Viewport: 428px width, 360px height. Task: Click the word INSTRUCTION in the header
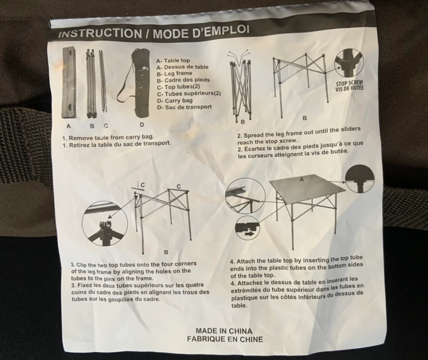coord(100,34)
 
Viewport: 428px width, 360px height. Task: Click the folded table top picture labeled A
coord(69,82)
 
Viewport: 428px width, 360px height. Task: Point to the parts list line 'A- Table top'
coord(173,60)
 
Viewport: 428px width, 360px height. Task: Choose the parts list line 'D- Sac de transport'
coord(184,107)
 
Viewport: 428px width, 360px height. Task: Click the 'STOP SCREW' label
coord(350,83)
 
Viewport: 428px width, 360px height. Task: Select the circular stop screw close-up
coord(349,63)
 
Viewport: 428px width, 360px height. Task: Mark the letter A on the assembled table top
coord(302,179)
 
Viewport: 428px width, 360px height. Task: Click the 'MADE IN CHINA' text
coord(224,331)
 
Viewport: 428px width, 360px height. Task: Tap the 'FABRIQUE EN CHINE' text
coord(225,339)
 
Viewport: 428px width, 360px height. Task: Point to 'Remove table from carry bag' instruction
coord(108,137)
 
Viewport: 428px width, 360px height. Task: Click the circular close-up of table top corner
coord(360,179)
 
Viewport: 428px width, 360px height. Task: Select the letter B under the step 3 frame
coord(166,252)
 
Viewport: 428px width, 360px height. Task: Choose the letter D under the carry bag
coord(142,125)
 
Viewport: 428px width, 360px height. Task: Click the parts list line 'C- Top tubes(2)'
coord(178,87)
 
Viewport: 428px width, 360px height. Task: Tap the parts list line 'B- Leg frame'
coord(174,73)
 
